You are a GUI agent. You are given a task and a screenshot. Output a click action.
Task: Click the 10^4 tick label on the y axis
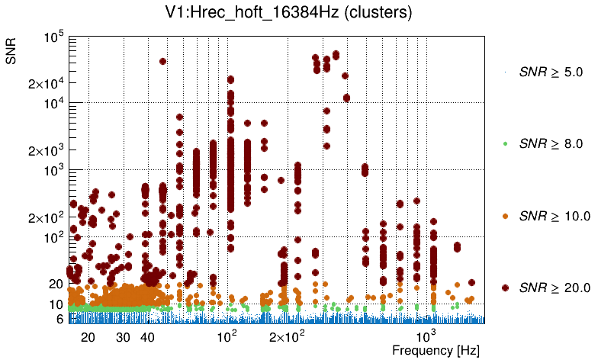[53, 104]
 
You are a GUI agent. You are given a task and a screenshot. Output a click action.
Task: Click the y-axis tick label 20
[55, 284]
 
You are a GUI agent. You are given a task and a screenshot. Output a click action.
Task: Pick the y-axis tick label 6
[59, 320]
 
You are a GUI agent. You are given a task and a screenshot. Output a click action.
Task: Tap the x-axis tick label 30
[124, 337]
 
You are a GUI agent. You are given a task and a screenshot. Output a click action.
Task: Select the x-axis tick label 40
[148, 337]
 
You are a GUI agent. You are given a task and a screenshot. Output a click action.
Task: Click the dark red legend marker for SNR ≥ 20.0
[506, 288]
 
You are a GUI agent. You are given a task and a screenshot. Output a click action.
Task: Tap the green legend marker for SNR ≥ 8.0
[506, 143]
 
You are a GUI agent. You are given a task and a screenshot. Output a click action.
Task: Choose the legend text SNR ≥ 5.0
[550, 72]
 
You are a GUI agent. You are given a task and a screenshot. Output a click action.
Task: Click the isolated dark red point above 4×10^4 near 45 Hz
[162, 61]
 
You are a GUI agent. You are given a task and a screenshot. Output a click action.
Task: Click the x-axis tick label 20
[88, 337]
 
